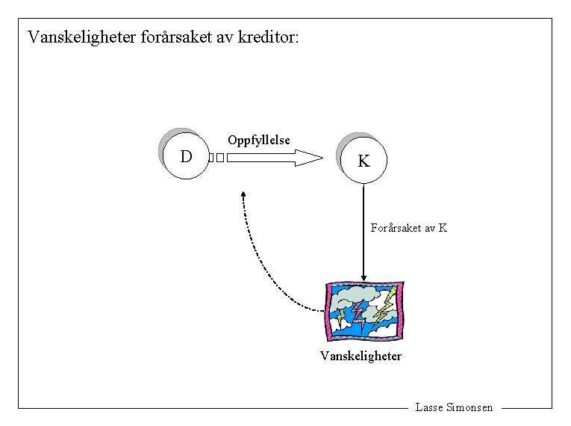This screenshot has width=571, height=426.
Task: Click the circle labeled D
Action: [x=186, y=156]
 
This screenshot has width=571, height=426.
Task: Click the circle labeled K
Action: [x=363, y=161]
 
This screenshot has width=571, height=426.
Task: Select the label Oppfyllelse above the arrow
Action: [x=258, y=141]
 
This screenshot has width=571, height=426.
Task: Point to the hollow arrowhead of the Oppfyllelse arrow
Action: [x=309, y=158]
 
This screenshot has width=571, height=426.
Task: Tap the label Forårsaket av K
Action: [x=408, y=228]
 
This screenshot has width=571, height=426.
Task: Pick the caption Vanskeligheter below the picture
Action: [x=361, y=356]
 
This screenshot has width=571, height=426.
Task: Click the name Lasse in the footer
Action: [x=428, y=408]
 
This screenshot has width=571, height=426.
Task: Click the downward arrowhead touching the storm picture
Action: [x=363, y=277]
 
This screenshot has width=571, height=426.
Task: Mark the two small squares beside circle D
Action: [x=216, y=158]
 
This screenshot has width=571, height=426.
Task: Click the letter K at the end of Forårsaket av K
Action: [x=443, y=228]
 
